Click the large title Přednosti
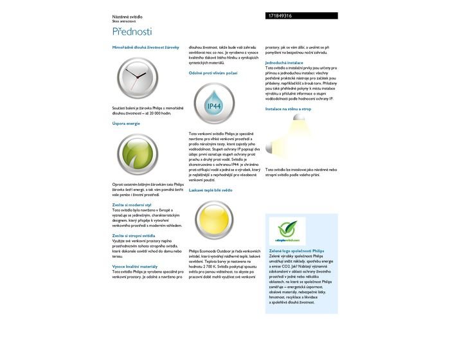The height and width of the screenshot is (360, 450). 132,32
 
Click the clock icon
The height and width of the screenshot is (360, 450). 139,77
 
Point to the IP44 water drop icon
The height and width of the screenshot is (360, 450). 213,105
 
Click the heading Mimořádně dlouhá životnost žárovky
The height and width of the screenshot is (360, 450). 146,48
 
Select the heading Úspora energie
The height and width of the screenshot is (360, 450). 126,122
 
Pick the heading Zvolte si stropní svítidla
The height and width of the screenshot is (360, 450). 134,235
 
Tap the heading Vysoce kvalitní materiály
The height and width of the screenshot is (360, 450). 135,265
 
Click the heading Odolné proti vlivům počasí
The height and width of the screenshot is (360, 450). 213,73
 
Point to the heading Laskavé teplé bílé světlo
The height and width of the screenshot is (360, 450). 211,190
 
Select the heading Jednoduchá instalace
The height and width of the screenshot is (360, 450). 284,62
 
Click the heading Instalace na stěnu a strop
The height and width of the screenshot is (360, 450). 288,109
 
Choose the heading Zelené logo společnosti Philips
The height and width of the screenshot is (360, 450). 296,251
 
